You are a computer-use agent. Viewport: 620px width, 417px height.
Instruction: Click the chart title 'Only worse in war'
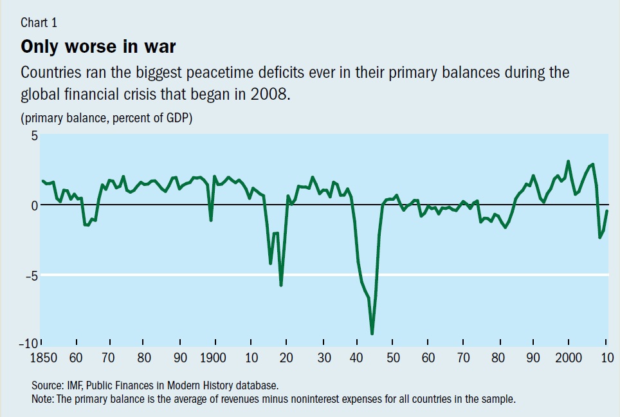point(98,47)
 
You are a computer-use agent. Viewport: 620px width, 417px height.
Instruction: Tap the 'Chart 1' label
point(39,23)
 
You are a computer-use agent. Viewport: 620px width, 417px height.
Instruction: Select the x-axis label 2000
point(569,358)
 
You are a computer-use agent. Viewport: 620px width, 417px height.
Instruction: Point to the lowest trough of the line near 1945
point(372,333)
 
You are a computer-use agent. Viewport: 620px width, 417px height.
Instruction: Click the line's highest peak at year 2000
point(568,162)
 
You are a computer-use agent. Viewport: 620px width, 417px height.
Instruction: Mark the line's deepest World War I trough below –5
point(280,284)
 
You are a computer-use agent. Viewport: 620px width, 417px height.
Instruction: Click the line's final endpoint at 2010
point(607,211)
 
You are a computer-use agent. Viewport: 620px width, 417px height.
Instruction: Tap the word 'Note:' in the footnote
point(44,399)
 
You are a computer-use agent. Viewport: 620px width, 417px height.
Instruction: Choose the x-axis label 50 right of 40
point(393,358)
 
